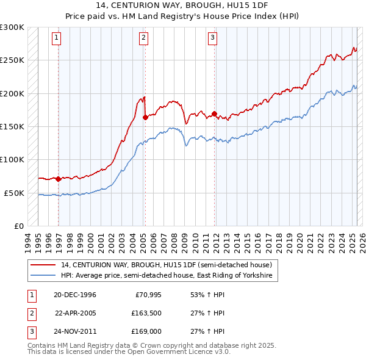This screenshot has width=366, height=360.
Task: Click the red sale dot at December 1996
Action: [x=59, y=179]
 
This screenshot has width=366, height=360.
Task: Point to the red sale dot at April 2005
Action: [x=145, y=118]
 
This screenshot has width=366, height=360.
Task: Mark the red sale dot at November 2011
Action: [x=215, y=114]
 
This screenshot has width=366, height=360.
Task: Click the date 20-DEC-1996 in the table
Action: [x=75, y=295]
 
